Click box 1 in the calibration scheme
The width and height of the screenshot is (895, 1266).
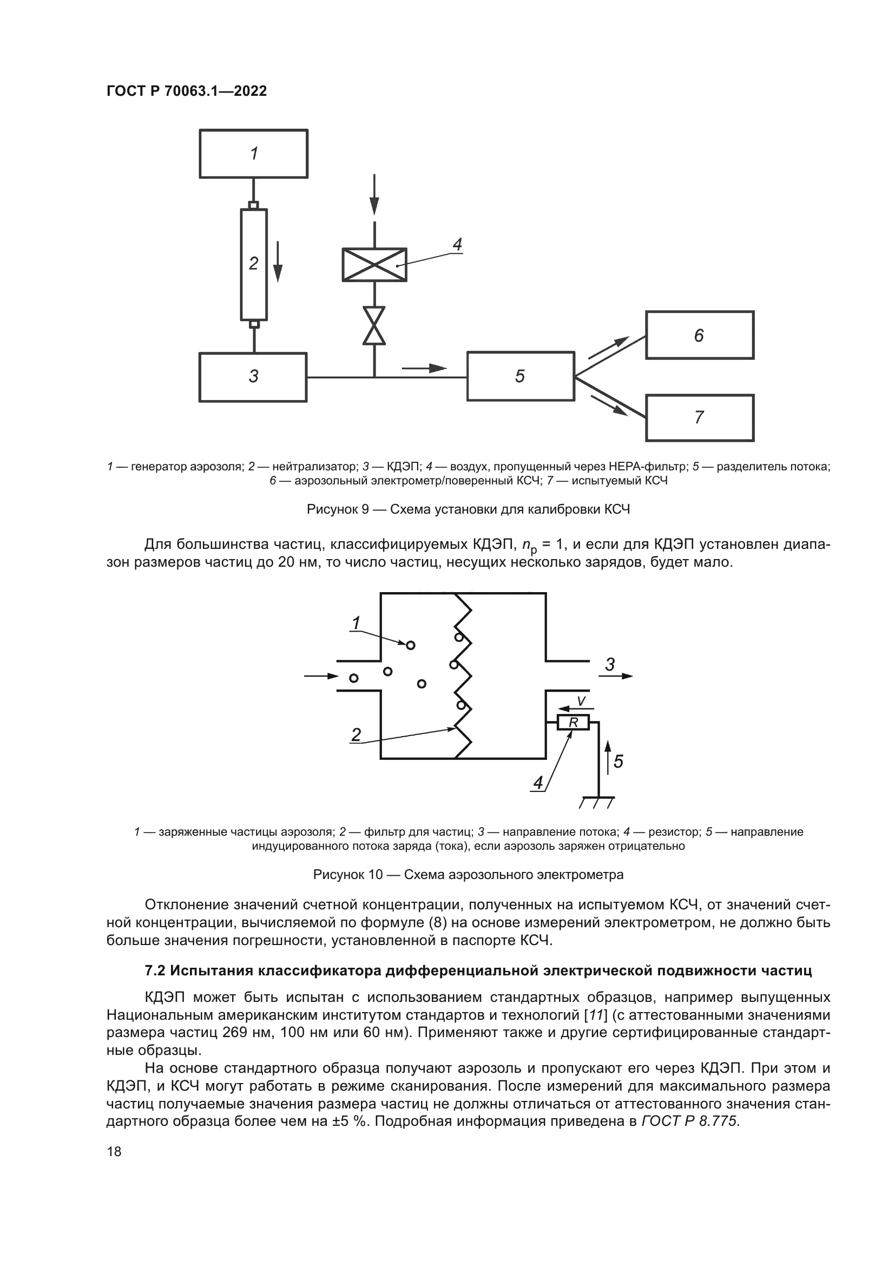click(x=253, y=153)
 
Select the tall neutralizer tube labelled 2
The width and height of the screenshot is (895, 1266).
click(x=253, y=264)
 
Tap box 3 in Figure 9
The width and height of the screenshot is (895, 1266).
click(x=253, y=377)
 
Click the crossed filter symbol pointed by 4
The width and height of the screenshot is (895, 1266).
click(x=374, y=265)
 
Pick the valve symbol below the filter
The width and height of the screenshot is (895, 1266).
click(x=374, y=325)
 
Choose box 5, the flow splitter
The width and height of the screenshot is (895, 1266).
click(x=520, y=377)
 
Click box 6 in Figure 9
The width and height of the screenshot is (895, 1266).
click(x=699, y=335)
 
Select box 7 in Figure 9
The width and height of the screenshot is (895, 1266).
click(x=699, y=417)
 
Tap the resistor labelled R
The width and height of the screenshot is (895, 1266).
click(x=574, y=722)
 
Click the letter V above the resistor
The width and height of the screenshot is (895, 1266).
click(x=581, y=701)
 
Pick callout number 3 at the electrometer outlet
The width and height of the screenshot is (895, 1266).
click(x=609, y=665)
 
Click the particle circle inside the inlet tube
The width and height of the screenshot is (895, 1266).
click(x=354, y=678)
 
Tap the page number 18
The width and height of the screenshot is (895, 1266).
click(x=114, y=1151)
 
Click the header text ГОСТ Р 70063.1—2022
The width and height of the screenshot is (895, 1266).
click(x=186, y=91)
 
